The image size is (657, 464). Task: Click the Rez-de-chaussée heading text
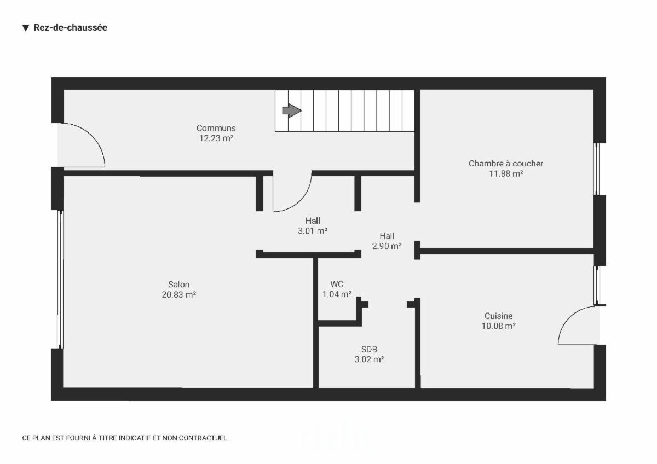[x=71, y=27]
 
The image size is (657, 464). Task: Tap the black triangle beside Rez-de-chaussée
[x=26, y=28]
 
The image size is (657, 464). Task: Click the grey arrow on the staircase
[x=292, y=111]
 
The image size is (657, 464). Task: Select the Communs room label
[x=216, y=128]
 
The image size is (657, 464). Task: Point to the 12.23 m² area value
[x=216, y=138]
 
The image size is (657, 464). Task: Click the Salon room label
[x=178, y=285]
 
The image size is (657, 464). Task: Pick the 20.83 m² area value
[x=178, y=294]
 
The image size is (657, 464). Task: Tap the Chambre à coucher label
[x=506, y=164]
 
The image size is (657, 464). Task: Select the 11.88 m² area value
[x=506, y=173]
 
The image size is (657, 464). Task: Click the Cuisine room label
[x=499, y=316]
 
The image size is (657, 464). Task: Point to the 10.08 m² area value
[x=499, y=326]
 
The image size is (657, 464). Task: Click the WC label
[x=337, y=284]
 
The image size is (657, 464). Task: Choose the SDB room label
[x=369, y=350]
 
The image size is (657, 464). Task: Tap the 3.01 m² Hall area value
[x=313, y=231]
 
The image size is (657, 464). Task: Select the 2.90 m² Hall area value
[x=387, y=246]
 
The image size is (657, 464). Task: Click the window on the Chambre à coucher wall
[x=596, y=169]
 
